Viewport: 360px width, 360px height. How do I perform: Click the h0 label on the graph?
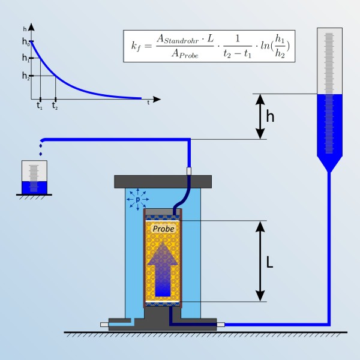coord(26,41)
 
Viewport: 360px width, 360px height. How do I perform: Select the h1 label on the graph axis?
coord(26,58)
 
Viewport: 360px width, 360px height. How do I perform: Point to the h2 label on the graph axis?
coord(26,76)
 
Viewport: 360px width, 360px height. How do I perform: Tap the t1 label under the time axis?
coord(40,106)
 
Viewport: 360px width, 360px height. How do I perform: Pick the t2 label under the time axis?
coord(55,106)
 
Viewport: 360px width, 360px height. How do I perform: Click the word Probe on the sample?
coord(163,229)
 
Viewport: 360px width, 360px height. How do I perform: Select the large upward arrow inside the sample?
coord(163,269)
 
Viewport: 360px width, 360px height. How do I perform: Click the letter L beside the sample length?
coord(269,262)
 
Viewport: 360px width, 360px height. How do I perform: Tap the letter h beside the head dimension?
coord(270,116)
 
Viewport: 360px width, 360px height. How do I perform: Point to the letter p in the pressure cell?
coord(138,200)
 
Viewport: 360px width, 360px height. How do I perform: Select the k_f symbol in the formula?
coord(136,46)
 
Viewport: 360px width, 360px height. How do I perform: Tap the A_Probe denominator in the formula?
coord(185,54)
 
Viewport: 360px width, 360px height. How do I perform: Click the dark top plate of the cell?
coord(163,182)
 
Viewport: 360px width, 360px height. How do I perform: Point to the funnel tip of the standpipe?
coord(329,171)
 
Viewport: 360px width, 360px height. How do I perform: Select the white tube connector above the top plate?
coord(189,171)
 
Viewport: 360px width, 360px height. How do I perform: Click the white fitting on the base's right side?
coord(221,325)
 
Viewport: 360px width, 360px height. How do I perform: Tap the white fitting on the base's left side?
coord(104,325)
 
